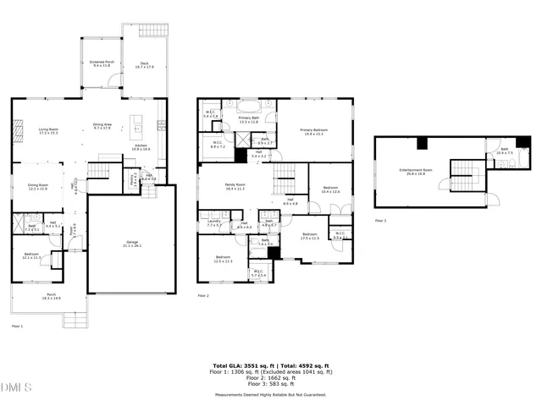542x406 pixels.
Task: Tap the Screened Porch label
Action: point(102,63)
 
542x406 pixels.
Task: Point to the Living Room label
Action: point(53,129)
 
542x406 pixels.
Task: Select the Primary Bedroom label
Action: point(313,130)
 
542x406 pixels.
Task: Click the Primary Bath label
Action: point(249,118)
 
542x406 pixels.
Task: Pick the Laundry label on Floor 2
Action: point(213,222)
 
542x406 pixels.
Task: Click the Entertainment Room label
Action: point(416,171)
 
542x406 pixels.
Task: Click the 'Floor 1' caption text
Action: point(17,326)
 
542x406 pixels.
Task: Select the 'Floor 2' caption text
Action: point(203,295)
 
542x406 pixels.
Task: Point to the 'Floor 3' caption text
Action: point(380,220)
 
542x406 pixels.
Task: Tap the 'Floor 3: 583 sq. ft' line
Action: point(270,385)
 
